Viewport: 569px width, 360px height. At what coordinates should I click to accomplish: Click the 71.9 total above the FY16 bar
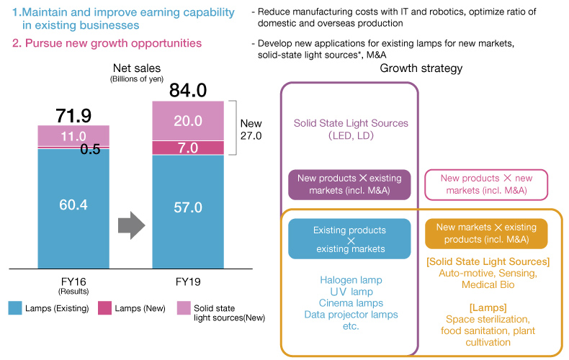73,115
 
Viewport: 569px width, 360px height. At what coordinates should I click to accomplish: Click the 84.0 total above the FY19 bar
188,90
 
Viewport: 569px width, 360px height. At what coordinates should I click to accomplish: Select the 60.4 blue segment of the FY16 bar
73,205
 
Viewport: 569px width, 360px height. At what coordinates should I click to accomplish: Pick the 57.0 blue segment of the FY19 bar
188,207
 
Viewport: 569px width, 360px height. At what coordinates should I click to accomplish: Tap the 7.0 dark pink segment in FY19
188,148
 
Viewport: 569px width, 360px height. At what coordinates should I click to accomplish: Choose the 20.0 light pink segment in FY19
188,121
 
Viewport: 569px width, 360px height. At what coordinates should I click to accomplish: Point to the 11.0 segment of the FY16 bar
73,135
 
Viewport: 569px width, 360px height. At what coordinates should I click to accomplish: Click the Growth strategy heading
421,68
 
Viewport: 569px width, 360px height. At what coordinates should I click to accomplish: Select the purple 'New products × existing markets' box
349,184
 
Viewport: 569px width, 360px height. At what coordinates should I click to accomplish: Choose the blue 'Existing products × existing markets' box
349,239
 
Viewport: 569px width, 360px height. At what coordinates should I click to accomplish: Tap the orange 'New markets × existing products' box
486,233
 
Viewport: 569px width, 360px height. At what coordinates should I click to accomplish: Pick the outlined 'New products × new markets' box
486,184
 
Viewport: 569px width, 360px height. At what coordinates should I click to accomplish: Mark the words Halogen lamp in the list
351,279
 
